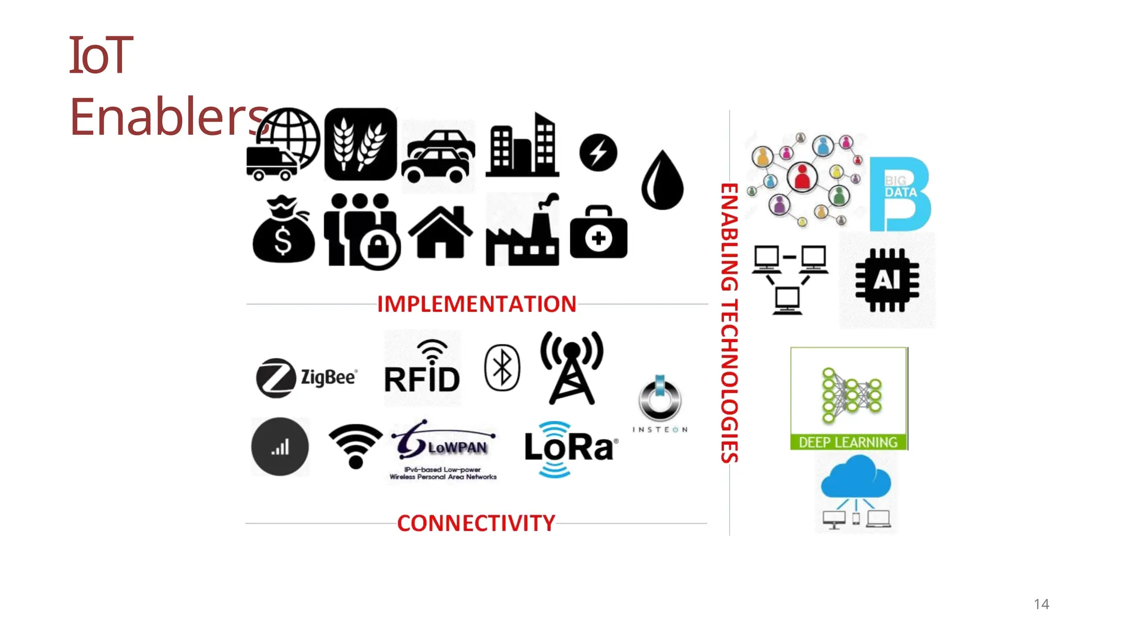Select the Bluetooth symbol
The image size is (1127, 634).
(502, 368)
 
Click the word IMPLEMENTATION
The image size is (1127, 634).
(477, 304)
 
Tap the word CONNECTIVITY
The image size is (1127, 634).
(476, 523)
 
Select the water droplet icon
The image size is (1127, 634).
(663, 181)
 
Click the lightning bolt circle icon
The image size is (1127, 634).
(598, 152)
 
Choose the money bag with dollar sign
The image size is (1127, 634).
(283, 231)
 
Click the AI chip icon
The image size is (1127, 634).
(887, 280)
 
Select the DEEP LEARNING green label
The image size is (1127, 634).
(848, 442)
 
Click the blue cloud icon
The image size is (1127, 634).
(856, 479)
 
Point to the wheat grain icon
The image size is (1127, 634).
(360, 144)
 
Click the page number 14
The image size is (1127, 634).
(1041, 604)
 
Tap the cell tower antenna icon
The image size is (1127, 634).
(572, 368)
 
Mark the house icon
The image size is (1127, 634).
(440, 233)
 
